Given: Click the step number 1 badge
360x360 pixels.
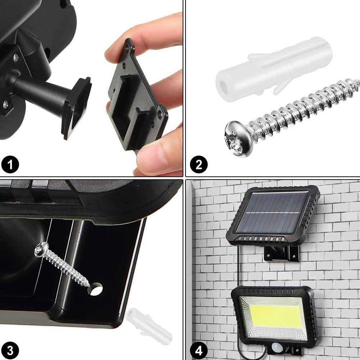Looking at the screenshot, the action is coord(10,164).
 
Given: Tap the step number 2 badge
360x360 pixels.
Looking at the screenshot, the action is coord(199,164).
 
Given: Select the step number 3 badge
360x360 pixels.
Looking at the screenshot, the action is coord(10,351).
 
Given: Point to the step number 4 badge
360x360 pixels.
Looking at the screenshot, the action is coord(199,351).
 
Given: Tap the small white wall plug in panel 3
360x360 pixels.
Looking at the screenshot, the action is coord(149,326).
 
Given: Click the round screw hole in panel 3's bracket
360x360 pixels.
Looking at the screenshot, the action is coord(95,289).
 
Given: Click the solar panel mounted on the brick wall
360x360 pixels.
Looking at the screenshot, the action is coord(273,215).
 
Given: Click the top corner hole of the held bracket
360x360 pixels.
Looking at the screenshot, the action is coord(127,47).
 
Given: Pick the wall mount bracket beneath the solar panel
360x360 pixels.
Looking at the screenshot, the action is coord(282,253).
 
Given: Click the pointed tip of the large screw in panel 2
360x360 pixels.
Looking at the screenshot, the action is coord(358,82).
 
